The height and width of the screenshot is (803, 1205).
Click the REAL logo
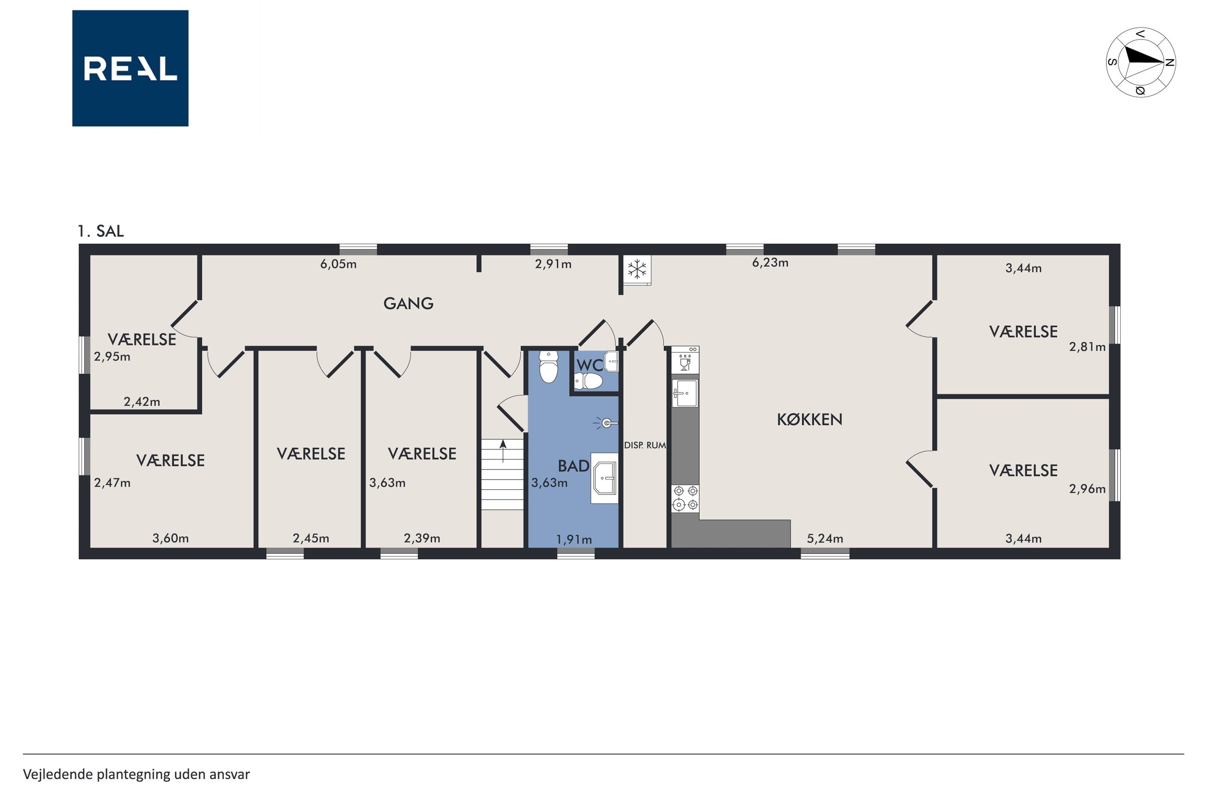[130, 68]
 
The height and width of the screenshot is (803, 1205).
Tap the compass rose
[1141, 63]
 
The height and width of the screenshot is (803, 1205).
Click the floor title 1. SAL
[101, 231]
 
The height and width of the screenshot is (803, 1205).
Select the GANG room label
[408, 303]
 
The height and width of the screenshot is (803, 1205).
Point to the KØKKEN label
[809, 419]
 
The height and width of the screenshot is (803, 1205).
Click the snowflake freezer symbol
[637, 269]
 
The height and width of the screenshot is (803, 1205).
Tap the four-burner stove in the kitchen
[685, 498]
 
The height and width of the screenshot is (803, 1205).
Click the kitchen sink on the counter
[685, 393]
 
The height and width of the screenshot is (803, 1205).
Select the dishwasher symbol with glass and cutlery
[685, 359]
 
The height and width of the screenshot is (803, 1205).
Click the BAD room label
[573, 466]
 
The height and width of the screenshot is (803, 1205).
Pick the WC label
[590, 365]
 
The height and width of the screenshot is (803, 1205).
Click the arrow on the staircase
[503, 451]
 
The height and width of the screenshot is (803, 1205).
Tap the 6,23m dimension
[770, 263]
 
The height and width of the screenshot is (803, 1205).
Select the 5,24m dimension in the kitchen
[824, 539]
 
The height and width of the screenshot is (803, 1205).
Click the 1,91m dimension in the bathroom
[574, 539]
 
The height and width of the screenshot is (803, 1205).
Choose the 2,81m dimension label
[1087, 347]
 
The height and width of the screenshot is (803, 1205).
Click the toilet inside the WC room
[588, 380]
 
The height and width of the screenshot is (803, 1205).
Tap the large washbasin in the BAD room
[604, 478]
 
